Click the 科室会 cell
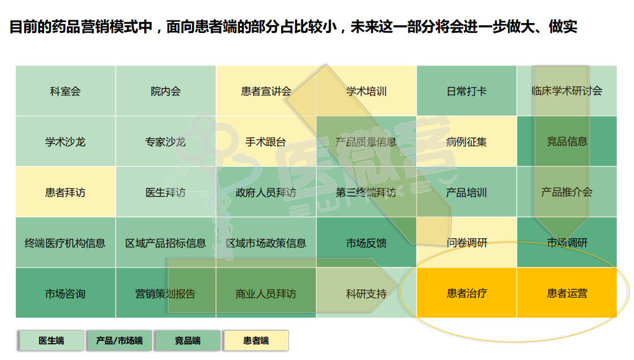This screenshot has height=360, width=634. pos(65,91)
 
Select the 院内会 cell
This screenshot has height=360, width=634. pos(166,91)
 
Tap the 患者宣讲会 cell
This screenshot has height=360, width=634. pos(266,91)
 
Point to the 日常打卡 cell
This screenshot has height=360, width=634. pos(467,91)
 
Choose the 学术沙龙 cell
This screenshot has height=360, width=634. pos(65,141)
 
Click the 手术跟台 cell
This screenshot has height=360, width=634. pos(266,141)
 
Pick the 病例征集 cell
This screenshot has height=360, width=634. pos(467,141)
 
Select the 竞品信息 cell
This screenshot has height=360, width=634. pos(567,141)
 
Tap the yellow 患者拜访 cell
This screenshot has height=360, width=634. pos(65,192)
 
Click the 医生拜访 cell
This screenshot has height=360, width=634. pos(166,192)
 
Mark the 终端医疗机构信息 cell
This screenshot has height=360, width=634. pos(65,242)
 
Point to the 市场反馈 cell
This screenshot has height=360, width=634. pos(367,242)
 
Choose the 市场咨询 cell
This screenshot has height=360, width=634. pos(65,293)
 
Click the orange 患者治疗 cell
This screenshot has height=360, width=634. pos(467,293)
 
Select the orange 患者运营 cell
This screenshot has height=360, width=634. pos(567,293)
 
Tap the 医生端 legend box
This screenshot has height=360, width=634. pos(51,341)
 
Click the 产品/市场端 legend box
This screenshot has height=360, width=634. pos(119,341)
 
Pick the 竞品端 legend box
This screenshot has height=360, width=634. pos(188,341)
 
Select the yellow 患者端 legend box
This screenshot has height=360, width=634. pos(256,341)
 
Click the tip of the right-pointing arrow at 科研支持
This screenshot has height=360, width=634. pos(398,286)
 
